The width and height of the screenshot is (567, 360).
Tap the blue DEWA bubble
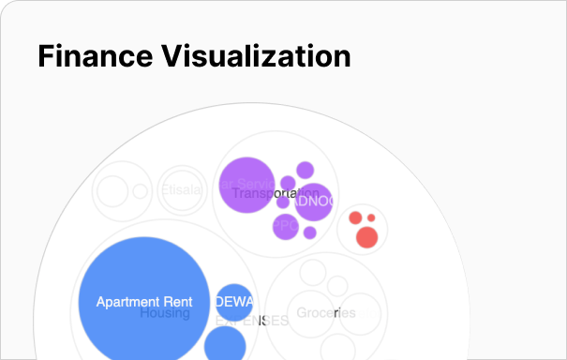tap(234, 301)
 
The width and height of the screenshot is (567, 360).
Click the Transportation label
tap(269, 193)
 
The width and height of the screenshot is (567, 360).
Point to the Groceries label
tap(325, 312)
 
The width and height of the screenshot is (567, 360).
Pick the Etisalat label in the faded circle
tap(181, 190)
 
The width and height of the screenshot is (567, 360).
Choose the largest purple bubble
tap(246, 185)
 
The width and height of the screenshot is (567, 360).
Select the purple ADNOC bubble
tap(315, 201)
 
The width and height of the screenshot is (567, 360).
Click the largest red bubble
tap(366, 238)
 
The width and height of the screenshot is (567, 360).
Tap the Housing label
tap(165, 313)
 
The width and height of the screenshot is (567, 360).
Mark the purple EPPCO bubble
tap(285, 226)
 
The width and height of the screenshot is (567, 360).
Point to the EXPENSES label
tap(252, 321)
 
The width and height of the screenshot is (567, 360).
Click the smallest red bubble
tap(371, 217)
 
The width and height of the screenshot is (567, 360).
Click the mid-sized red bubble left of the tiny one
tap(355, 218)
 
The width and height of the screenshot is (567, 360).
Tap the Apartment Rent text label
tap(144, 302)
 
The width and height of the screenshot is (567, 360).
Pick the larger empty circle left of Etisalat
tap(112, 190)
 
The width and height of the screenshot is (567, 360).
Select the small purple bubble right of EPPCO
tap(309, 232)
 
